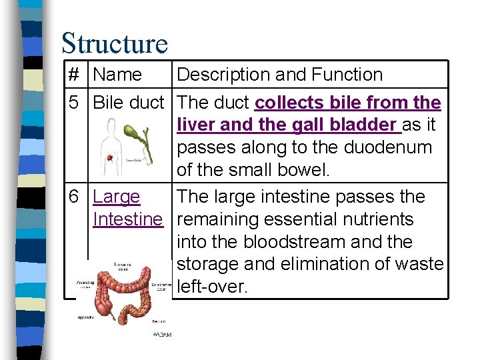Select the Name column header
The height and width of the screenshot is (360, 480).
(x=117, y=75)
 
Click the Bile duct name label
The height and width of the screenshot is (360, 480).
(x=128, y=103)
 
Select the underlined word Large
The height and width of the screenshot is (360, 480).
(x=117, y=197)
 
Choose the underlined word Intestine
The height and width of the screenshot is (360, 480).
(x=128, y=219)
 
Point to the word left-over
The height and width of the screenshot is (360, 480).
(x=211, y=287)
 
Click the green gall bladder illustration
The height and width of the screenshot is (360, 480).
(x=143, y=136)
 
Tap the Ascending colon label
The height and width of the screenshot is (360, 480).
(x=86, y=281)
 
